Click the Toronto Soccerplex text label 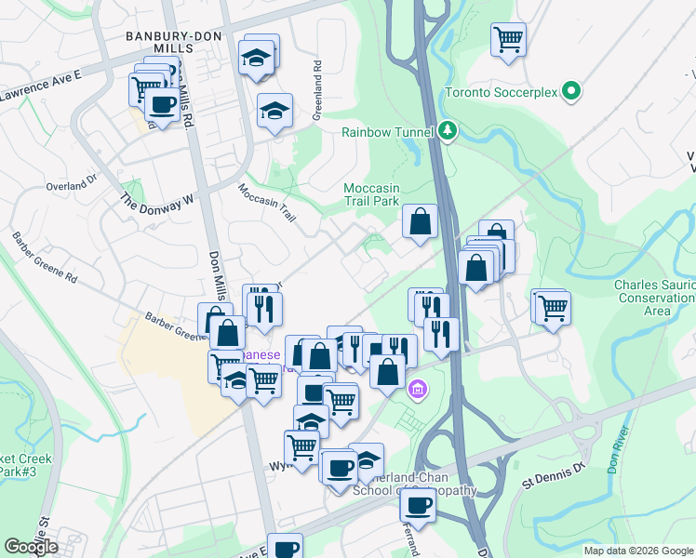502,93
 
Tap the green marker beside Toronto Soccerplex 573,92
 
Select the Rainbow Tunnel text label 387,132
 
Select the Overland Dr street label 71,184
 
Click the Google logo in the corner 32,547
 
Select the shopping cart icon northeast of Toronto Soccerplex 508,39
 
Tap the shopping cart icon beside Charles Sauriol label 552,306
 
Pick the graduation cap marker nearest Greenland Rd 274,111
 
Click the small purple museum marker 418,389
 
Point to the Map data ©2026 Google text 639,551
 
